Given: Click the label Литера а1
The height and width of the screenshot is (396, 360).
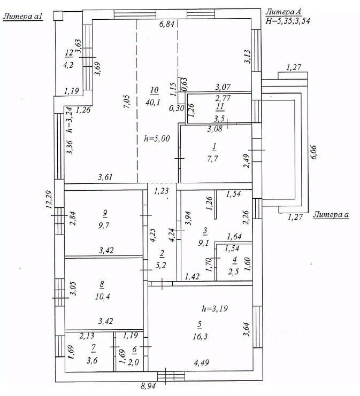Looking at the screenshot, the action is pyautogui.click(x=23, y=17).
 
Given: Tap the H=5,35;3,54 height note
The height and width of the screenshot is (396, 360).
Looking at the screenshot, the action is pyautogui.click(x=288, y=21).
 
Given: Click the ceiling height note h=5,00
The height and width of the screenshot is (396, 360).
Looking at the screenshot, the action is pyautogui.click(x=157, y=138).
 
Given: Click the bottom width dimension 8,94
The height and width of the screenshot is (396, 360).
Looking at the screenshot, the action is pyautogui.click(x=148, y=386).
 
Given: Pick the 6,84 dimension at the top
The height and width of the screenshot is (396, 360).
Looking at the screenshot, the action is pyautogui.click(x=167, y=24).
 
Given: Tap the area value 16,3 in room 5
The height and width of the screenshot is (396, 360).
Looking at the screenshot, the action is pyautogui.click(x=200, y=336).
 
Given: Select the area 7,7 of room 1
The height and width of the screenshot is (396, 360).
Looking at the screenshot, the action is pyautogui.click(x=212, y=159).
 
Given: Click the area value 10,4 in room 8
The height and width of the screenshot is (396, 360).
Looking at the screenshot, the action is pyautogui.click(x=102, y=296).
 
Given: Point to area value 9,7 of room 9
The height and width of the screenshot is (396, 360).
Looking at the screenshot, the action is pyautogui.click(x=104, y=225).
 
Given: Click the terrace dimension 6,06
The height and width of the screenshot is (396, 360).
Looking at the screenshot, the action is pyautogui.click(x=313, y=152).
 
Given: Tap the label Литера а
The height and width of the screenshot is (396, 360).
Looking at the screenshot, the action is pyautogui.click(x=331, y=215).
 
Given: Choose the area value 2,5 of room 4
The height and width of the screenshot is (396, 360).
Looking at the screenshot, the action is pyautogui.click(x=233, y=272).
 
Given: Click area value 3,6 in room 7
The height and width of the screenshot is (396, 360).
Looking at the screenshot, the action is pyautogui.click(x=92, y=360).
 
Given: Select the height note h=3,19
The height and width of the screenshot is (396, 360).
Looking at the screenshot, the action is pyautogui.click(x=215, y=308).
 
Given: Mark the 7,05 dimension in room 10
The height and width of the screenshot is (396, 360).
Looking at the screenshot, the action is pyautogui.click(x=127, y=102).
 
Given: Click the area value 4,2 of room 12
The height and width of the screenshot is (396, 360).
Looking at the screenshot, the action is pyautogui.click(x=68, y=65).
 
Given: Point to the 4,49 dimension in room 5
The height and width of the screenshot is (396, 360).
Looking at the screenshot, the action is pyautogui.click(x=202, y=363).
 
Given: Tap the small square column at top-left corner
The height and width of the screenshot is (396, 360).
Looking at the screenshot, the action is pyautogui.click(x=58, y=15).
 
